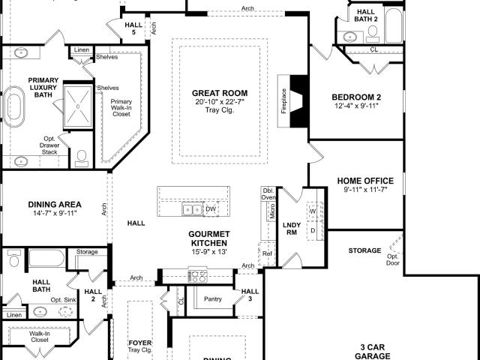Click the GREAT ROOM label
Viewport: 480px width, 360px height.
[x=220, y=93]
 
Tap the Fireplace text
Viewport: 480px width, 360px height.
[x=283, y=101]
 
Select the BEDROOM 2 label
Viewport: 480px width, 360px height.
[x=356, y=97]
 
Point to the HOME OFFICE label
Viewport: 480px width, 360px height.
[x=365, y=181]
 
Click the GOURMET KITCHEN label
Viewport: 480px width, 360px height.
[x=209, y=238]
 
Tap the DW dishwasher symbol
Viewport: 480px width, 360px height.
[x=211, y=209]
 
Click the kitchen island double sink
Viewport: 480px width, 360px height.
[x=192, y=209]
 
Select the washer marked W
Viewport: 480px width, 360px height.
[x=313, y=211]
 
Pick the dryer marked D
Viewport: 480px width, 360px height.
[x=313, y=230]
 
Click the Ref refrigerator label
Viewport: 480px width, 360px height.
[x=267, y=253]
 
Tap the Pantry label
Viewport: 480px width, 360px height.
[x=213, y=298]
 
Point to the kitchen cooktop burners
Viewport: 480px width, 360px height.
[x=198, y=276]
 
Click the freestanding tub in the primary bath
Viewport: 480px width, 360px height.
[x=13, y=106]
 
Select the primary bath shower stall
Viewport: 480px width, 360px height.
[x=78, y=106]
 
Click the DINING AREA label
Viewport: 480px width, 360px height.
[x=55, y=205]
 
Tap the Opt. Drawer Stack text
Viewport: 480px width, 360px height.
[x=49, y=145]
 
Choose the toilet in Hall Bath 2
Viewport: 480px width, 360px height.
[x=373, y=34]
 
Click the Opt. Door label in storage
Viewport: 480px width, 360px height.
[x=392, y=259]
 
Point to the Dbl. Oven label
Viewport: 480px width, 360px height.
[x=268, y=193]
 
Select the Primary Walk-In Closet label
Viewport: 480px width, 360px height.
[x=121, y=108]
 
